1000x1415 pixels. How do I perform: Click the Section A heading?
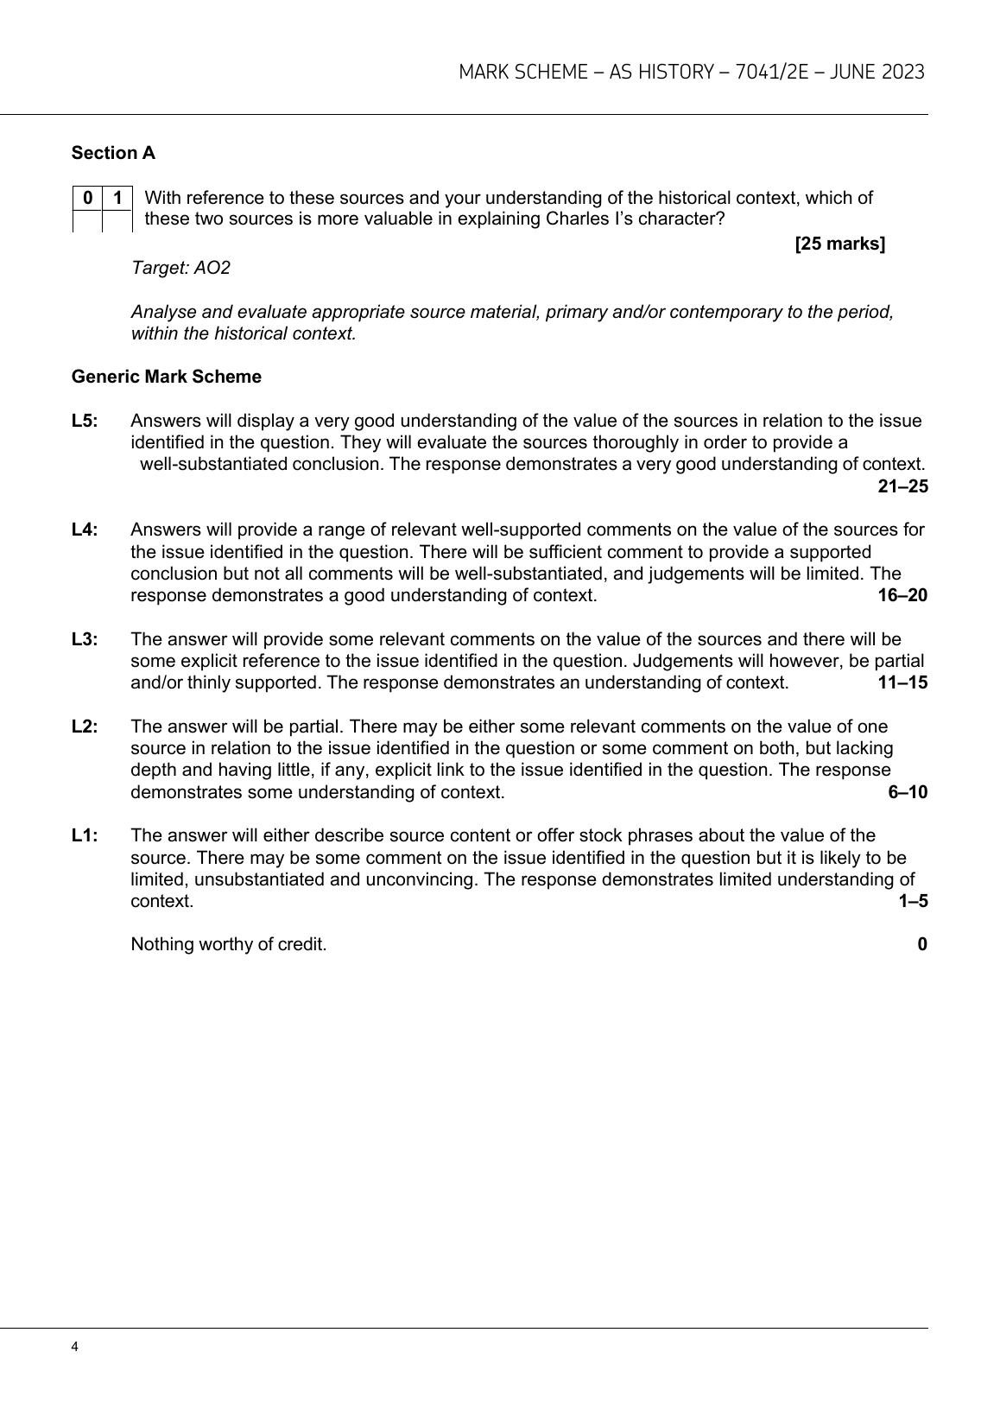pyautogui.click(x=113, y=153)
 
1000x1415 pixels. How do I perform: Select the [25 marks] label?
pyautogui.click(x=839, y=244)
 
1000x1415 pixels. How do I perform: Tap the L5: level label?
pyautogui.click(x=85, y=421)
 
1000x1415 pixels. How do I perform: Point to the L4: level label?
pyautogui.click(x=85, y=530)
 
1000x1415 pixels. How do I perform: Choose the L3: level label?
pyautogui.click(x=85, y=639)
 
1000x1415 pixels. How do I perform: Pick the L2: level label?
pyautogui.click(x=85, y=727)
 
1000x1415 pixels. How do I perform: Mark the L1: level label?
pyautogui.click(x=85, y=835)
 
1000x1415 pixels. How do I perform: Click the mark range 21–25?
pyautogui.click(x=902, y=486)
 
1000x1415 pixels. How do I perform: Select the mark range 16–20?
pyautogui.click(x=902, y=595)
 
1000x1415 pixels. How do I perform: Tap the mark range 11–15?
pyautogui.click(x=902, y=682)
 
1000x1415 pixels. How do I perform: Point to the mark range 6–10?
pyautogui.click(x=908, y=792)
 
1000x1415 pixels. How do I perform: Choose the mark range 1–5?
pyautogui.click(x=913, y=901)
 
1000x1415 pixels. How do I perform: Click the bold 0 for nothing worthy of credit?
pyautogui.click(x=922, y=944)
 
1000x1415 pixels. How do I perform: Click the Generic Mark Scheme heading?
pyautogui.click(x=166, y=377)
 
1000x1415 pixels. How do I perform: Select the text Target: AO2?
pyautogui.click(x=180, y=268)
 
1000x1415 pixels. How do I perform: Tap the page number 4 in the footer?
pyautogui.click(x=75, y=1347)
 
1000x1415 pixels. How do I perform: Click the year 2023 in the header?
pyautogui.click(x=903, y=72)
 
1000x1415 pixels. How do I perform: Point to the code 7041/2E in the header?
pyautogui.click(x=770, y=72)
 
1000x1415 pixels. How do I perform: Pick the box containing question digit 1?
pyautogui.click(x=117, y=198)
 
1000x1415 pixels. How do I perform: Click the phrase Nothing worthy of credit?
pyautogui.click(x=228, y=944)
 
